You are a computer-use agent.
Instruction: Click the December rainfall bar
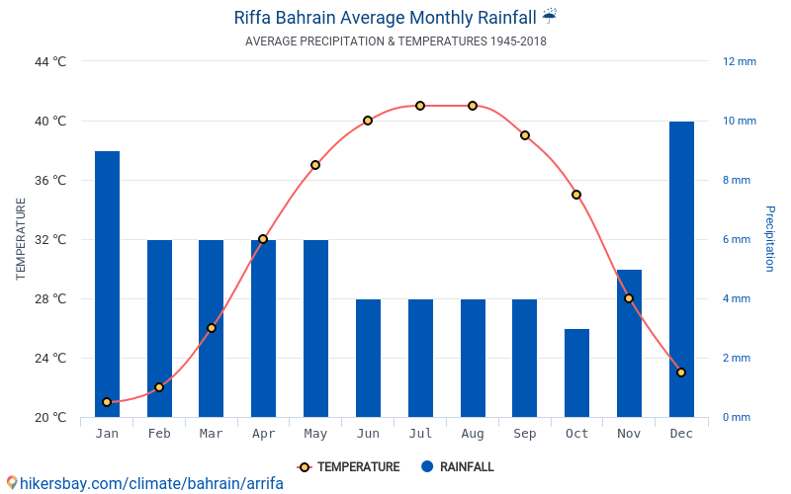(x=681, y=269)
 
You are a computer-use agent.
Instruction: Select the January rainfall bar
(x=107, y=284)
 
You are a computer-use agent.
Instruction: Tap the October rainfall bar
(x=576, y=372)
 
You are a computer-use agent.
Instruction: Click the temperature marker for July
(x=420, y=106)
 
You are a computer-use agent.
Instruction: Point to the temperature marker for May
(x=315, y=165)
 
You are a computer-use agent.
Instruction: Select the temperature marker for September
(x=525, y=135)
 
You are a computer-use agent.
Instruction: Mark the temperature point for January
(x=107, y=402)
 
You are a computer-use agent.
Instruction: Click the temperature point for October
(x=576, y=195)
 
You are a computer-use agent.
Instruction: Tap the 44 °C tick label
(x=50, y=61)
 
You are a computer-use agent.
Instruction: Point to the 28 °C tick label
(x=50, y=298)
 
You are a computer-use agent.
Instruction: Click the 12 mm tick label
(x=739, y=61)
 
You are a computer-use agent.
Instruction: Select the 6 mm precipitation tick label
(x=738, y=239)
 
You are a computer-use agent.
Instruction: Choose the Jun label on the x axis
(x=368, y=434)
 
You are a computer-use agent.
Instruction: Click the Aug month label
(x=473, y=434)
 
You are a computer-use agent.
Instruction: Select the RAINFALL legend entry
(x=457, y=467)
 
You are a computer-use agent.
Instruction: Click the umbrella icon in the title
(x=550, y=17)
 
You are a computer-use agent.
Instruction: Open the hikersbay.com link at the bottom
(x=144, y=483)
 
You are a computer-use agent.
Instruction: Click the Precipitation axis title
(x=770, y=239)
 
